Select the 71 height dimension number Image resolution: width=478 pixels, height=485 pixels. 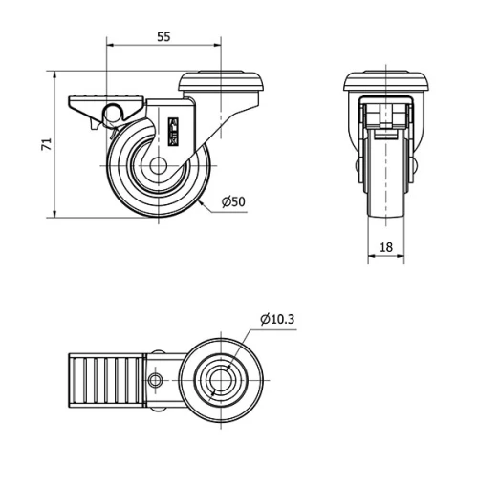coord(44,144)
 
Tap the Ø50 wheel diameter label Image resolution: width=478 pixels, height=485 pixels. coord(233,201)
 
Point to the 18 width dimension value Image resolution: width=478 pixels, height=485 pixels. coord(385,247)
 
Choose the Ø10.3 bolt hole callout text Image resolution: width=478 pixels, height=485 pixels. coord(277,319)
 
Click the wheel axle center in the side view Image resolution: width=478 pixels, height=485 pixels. coord(159,168)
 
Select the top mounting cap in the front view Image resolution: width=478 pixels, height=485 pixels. coord(385,82)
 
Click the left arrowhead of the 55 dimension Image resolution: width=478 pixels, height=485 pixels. coord(110,44)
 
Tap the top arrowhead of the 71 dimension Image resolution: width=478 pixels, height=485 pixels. coord(57,74)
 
